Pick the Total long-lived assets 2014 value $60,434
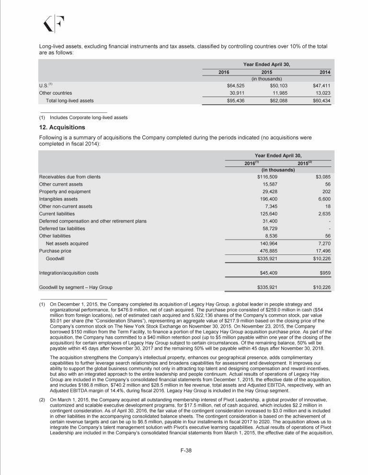click(321, 101)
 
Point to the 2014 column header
click(326, 72)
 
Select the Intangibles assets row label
click(59, 199)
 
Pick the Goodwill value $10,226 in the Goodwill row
click(321, 258)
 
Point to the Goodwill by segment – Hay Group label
click(80, 287)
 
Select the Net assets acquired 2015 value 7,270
click(324, 243)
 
